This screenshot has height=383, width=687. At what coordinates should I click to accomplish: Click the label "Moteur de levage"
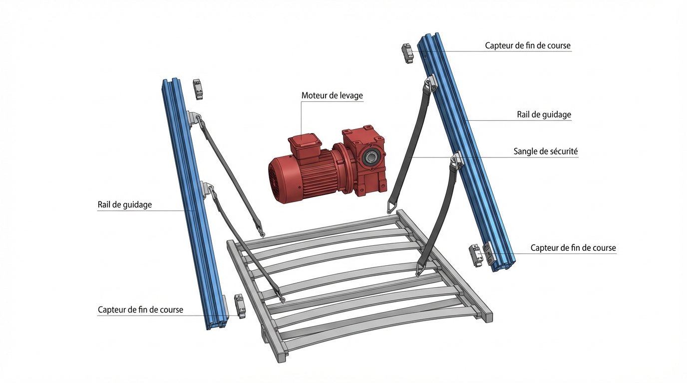point(332,96)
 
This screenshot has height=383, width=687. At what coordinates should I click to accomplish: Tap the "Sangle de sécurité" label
point(546,152)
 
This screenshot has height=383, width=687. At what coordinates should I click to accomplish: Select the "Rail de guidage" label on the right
point(544,115)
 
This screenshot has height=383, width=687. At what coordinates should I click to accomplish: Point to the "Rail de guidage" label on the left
point(124,204)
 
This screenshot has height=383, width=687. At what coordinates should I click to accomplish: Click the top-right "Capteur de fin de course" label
point(528,46)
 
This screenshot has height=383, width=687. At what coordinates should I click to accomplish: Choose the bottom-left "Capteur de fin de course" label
point(140,310)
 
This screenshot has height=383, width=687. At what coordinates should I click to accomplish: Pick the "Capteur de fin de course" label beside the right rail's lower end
point(573,248)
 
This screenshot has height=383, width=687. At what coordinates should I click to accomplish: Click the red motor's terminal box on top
point(304,146)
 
